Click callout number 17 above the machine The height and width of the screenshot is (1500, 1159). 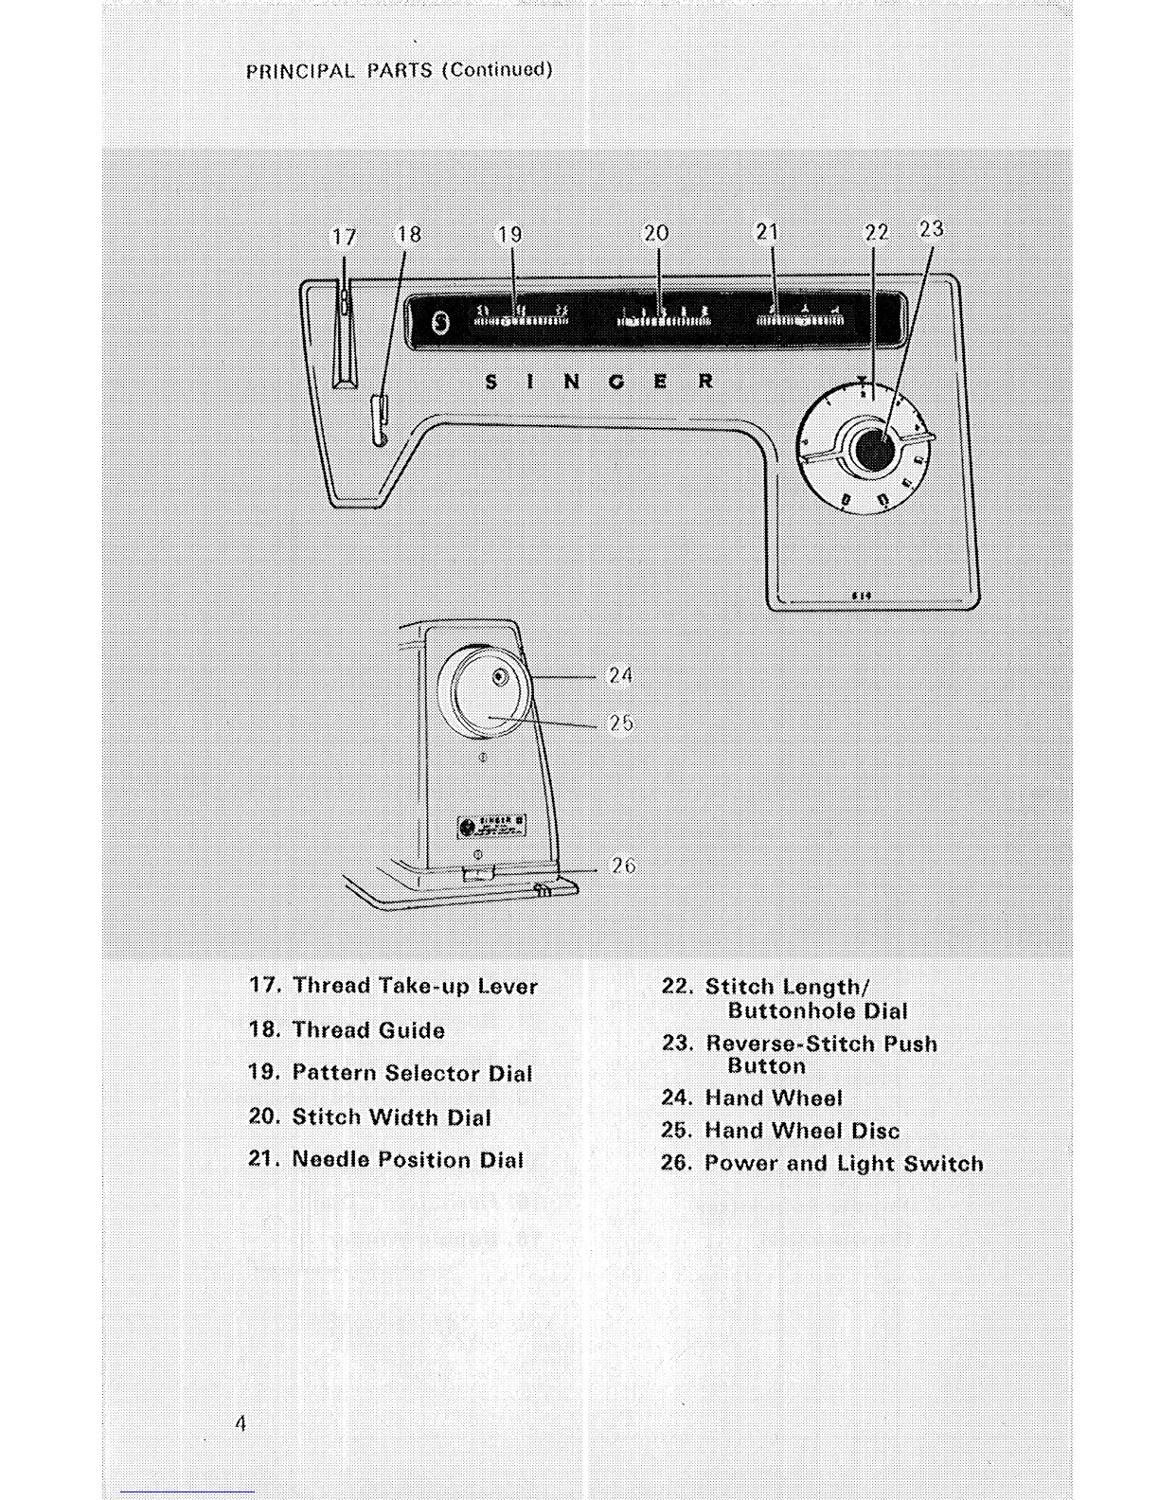tap(344, 237)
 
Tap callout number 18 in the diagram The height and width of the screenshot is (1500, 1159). tap(409, 234)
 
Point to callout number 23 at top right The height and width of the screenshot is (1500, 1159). tap(932, 228)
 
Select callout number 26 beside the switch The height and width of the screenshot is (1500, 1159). tap(623, 866)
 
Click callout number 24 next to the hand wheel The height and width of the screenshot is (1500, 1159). tap(620, 675)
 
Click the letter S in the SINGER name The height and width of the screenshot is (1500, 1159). tap(490, 383)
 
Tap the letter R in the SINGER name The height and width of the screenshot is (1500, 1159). tap(705, 382)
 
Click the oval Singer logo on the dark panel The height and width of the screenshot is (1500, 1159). tap(439, 323)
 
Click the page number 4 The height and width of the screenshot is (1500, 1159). tap(241, 1422)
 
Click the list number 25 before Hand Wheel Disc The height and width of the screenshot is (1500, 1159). tap(676, 1131)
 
